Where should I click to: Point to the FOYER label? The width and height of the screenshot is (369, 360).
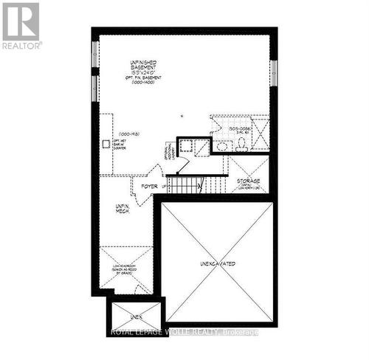(149, 187)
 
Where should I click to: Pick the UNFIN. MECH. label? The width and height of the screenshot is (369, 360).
(123, 209)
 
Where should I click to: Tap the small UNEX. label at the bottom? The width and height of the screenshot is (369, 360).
(135, 316)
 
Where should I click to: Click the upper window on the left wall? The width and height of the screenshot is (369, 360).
(94, 55)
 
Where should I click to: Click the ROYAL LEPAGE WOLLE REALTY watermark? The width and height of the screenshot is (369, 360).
(184, 331)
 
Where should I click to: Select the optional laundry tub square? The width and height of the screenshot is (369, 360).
(187, 145)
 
